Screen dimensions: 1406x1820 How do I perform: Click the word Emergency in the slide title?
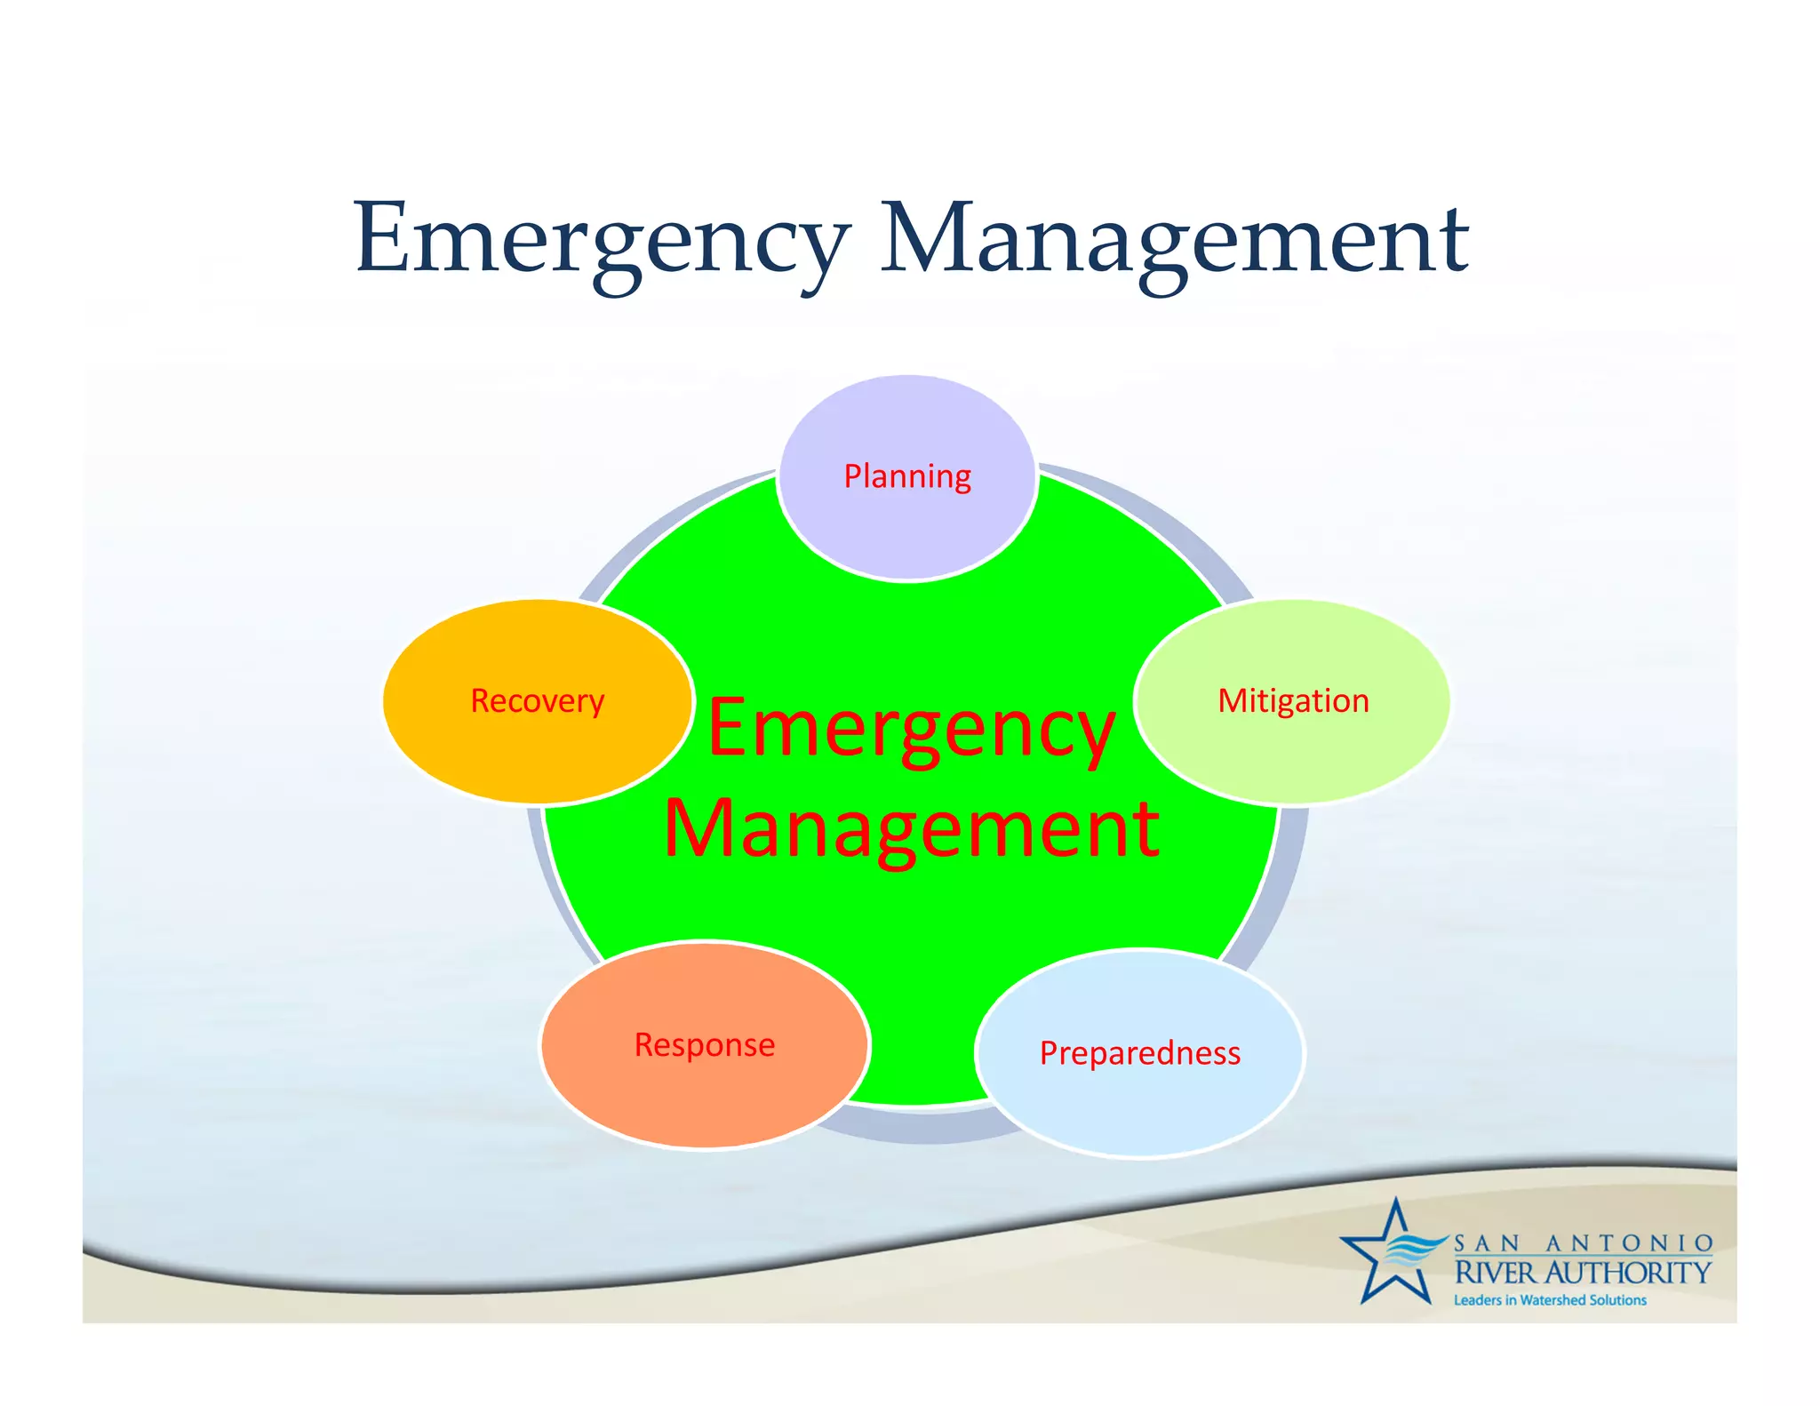(x=601, y=240)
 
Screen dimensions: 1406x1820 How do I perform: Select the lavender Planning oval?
(x=906, y=524)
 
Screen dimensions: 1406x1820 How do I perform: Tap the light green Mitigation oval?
(x=1293, y=747)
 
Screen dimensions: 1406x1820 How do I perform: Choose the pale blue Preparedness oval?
(x=1140, y=1102)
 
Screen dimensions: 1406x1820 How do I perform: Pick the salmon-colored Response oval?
(x=705, y=1093)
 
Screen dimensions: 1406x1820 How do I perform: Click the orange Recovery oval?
(x=537, y=747)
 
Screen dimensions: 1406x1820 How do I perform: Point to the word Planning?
(x=906, y=476)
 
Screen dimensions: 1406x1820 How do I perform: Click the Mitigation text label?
(x=1293, y=701)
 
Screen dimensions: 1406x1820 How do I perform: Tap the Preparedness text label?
(x=1140, y=1053)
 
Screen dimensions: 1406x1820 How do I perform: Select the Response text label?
(x=705, y=1045)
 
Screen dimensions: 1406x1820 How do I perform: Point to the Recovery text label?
(x=537, y=701)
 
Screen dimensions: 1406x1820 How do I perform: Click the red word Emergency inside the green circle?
(x=911, y=731)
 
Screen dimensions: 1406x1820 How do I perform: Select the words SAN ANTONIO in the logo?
(x=1583, y=1242)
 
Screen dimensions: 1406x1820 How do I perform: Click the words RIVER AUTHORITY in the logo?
(x=1583, y=1273)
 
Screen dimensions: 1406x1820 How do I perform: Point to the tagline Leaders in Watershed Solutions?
(x=1550, y=1300)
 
